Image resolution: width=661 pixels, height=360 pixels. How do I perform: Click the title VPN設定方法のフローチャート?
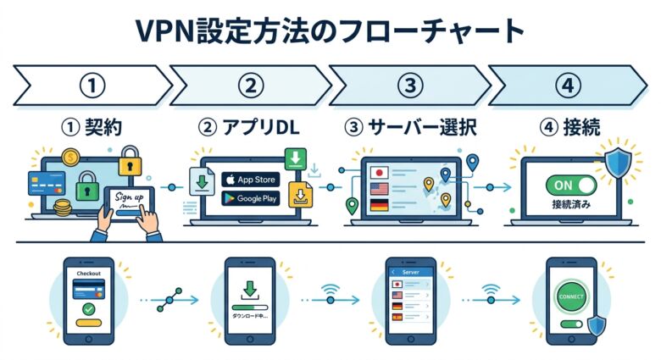pyautogui.click(x=330, y=30)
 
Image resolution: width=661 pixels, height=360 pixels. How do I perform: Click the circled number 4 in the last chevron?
pyautogui.click(x=567, y=85)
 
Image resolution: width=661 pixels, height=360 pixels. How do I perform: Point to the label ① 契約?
pyautogui.click(x=94, y=128)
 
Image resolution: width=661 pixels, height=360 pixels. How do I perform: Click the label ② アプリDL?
pyautogui.click(x=252, y=128)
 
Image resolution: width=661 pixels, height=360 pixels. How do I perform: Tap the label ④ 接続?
pyautogui.click(x=569, y=128)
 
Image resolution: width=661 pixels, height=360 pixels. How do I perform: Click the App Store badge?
pyautogui.click(x=251, y=180)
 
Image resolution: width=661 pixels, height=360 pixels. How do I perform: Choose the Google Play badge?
pyautogui.click(x=251, y=198)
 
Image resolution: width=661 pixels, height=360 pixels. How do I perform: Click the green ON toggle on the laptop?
pyautogui.click(x=569, y=184)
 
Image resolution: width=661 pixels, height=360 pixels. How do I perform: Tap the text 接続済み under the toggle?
pyautogui.click(x=569, y=205)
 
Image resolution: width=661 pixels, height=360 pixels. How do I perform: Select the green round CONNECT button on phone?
pyautogui.click(x=569, y=298)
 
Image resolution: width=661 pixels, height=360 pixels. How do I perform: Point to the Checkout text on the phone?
pyautogui.click(x=89, y=274)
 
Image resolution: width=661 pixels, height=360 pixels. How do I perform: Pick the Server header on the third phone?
pyautogui.click(x=410, y=274)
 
